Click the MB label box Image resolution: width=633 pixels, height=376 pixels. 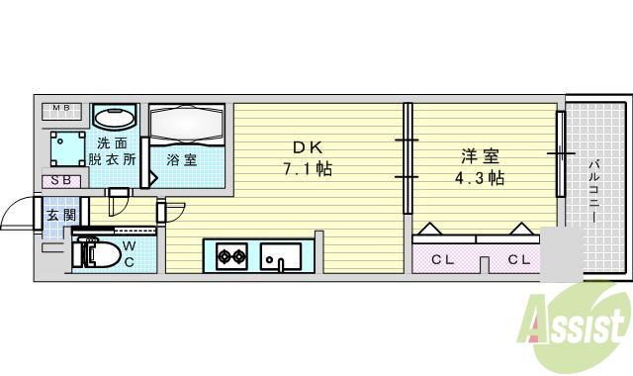pos(62,109)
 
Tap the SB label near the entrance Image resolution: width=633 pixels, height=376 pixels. pos(60,180)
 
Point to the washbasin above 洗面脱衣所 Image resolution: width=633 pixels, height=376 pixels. pos(116,118)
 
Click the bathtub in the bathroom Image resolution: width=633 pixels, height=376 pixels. pos(187,125)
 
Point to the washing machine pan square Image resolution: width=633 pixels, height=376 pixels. pos(68,149)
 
